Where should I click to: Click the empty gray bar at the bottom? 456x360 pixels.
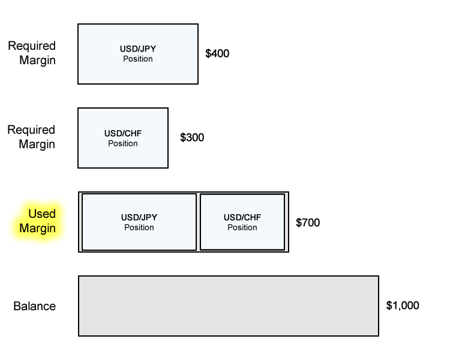click(228, 306)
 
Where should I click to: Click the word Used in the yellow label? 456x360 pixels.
click(42, 214)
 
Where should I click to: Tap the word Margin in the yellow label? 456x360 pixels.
click(37, 229)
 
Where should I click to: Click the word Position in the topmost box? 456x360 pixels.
click(138, 59)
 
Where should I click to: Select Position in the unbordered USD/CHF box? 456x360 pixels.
click(123, 143)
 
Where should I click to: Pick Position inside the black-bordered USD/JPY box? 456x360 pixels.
click(139, 227)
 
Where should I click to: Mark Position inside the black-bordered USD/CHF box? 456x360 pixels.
click(242, 227)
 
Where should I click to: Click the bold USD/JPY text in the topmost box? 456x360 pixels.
click(138, 49)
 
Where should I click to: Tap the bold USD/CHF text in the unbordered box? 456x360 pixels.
click(123, 134)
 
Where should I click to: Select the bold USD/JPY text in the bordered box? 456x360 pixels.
click(139, 218)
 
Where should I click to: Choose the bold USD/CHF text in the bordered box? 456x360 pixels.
click(242, 218)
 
